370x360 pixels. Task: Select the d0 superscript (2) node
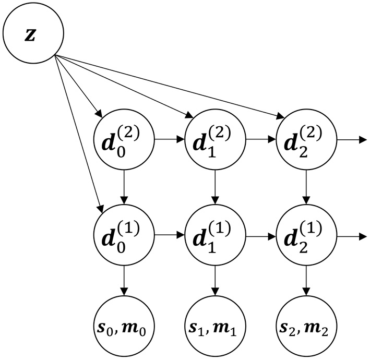[x=124, y=140]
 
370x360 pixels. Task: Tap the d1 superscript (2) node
[x=215, y=140]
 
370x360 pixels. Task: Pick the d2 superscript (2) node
[x=306, y=140]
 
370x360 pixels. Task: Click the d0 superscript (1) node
[x=124, y=236]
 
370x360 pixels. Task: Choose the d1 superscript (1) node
[x=215, y=236]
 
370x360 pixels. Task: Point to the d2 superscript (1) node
[x=306, y=236]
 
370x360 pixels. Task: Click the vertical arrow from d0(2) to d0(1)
[x=124, y=188]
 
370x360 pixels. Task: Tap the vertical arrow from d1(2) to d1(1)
[x=215, y=188]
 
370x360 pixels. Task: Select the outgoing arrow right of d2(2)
[x=351, y=140]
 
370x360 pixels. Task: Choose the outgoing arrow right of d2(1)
[x=351, y=236]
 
